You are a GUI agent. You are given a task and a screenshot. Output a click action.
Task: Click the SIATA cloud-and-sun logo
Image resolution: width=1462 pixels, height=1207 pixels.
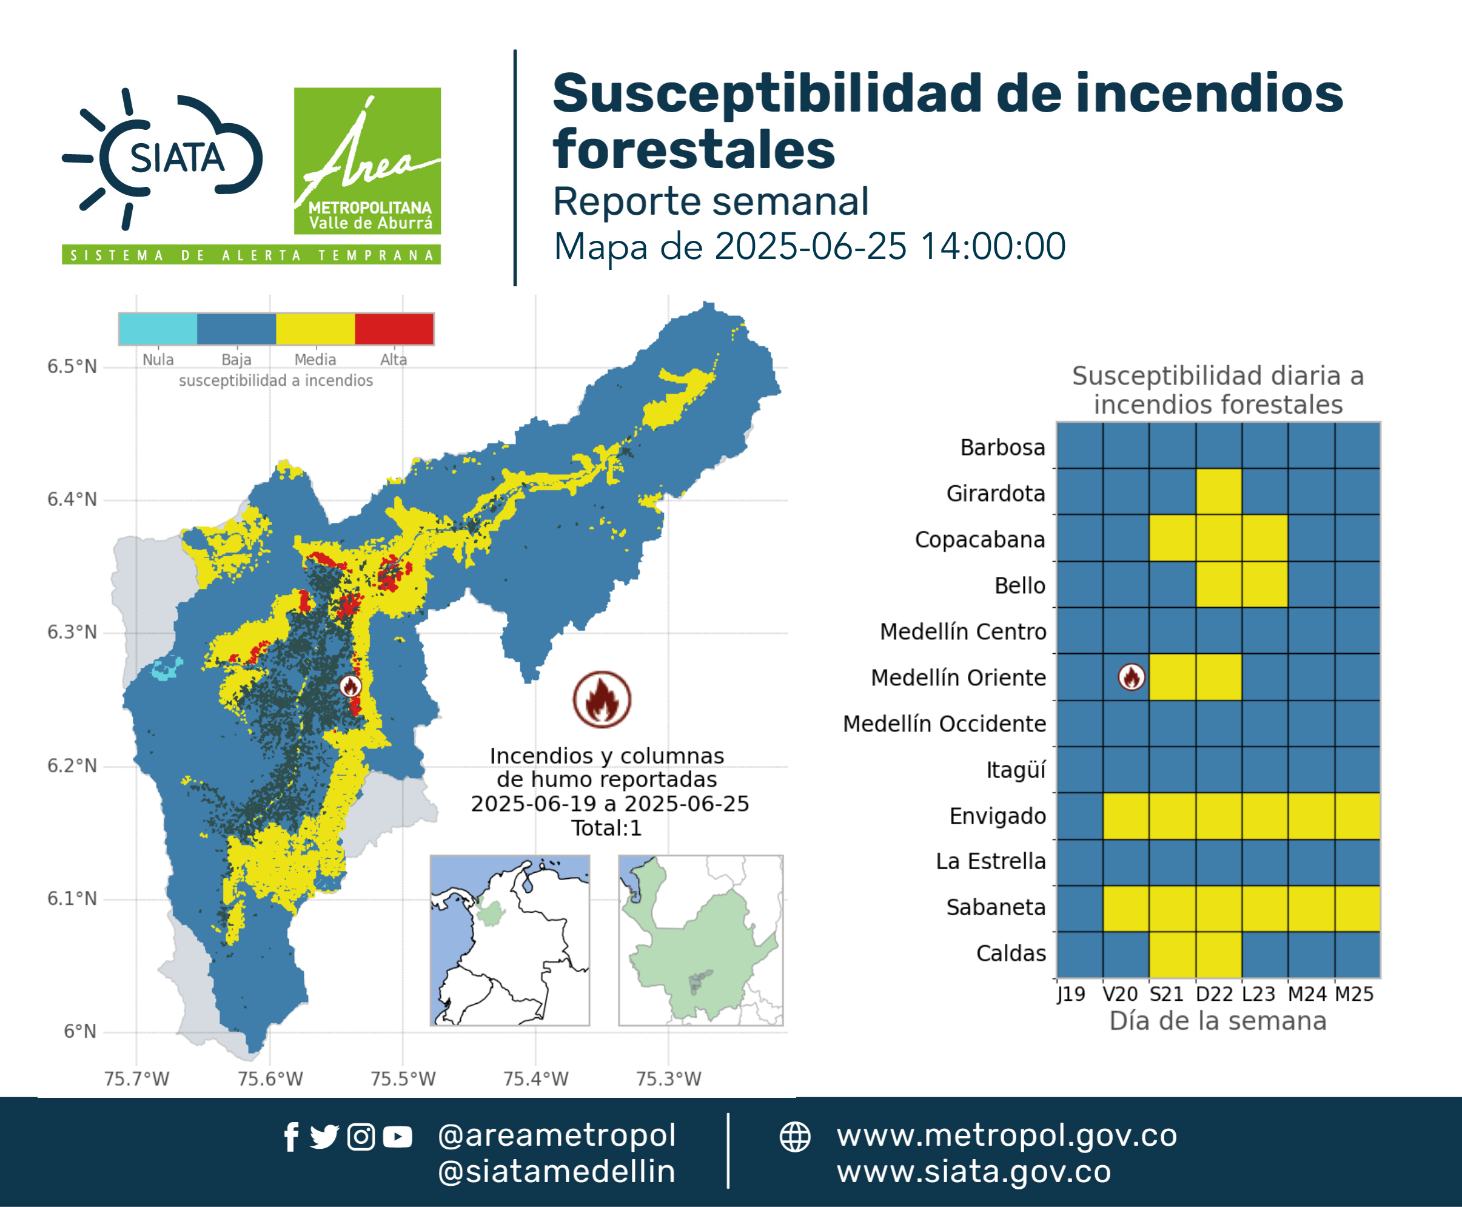tap(163, 158)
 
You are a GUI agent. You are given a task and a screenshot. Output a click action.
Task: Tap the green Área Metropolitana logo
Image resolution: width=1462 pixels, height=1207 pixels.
tap(367, 161)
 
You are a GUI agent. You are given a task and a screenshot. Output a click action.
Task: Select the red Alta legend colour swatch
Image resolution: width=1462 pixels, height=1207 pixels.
tap(394, 329)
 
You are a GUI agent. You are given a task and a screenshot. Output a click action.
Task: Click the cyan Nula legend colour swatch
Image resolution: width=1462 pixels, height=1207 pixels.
tap(158, 329)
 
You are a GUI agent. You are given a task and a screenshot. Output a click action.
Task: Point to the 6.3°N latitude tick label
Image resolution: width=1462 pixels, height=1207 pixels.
tap(72, 632)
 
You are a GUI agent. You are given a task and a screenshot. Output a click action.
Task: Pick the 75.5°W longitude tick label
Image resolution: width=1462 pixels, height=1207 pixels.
tap(403, 1078)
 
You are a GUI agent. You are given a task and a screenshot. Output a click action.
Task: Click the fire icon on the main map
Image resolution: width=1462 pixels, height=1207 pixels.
tap(350, 686)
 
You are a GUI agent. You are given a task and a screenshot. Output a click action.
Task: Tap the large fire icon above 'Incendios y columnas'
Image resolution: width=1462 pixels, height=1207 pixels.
tap(602, 699)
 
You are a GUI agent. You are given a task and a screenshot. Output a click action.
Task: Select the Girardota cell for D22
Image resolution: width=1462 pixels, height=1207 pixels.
tap(1219, 491)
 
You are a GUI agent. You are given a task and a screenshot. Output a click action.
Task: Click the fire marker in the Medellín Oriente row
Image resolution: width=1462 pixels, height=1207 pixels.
tap(1131, 676)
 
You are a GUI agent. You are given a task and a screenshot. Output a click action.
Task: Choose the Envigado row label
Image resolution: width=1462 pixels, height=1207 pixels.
tap(998, 816)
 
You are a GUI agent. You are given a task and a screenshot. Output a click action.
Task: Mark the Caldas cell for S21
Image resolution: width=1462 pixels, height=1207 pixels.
tap(1172, 955)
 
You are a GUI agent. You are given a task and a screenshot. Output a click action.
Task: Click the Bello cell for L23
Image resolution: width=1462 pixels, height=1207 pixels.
tap(1264, 584)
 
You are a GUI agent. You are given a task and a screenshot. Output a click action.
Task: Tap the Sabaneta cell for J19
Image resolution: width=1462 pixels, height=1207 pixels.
tap(1079, 908)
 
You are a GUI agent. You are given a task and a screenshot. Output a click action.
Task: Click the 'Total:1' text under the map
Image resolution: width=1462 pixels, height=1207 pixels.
tap(606, 828)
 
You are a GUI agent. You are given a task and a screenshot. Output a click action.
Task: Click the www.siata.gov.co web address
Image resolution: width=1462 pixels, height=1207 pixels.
tap(974, 1172)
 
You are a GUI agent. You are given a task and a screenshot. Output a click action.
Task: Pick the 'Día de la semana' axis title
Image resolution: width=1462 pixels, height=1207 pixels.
tap(1218, 1021)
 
